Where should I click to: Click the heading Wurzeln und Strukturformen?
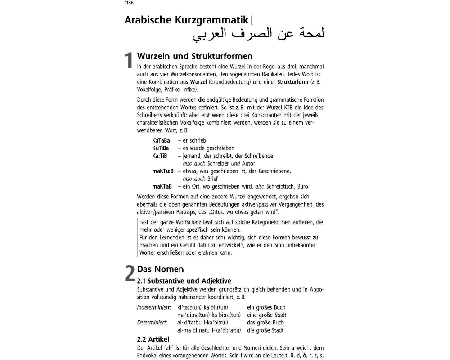194,56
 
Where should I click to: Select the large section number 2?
129,274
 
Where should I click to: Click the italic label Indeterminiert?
153,307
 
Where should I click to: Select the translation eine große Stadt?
266,315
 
